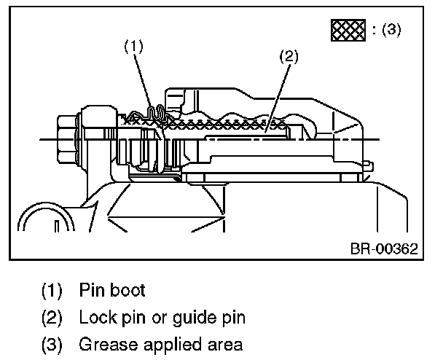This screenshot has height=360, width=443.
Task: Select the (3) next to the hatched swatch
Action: point(386,30)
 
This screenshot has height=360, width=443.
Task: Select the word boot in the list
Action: point(126,290)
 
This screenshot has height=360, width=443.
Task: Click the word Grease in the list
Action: point(103,344)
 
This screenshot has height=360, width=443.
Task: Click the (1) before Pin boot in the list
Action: point(51,290)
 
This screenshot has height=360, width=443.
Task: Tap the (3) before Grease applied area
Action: point(51,344)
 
